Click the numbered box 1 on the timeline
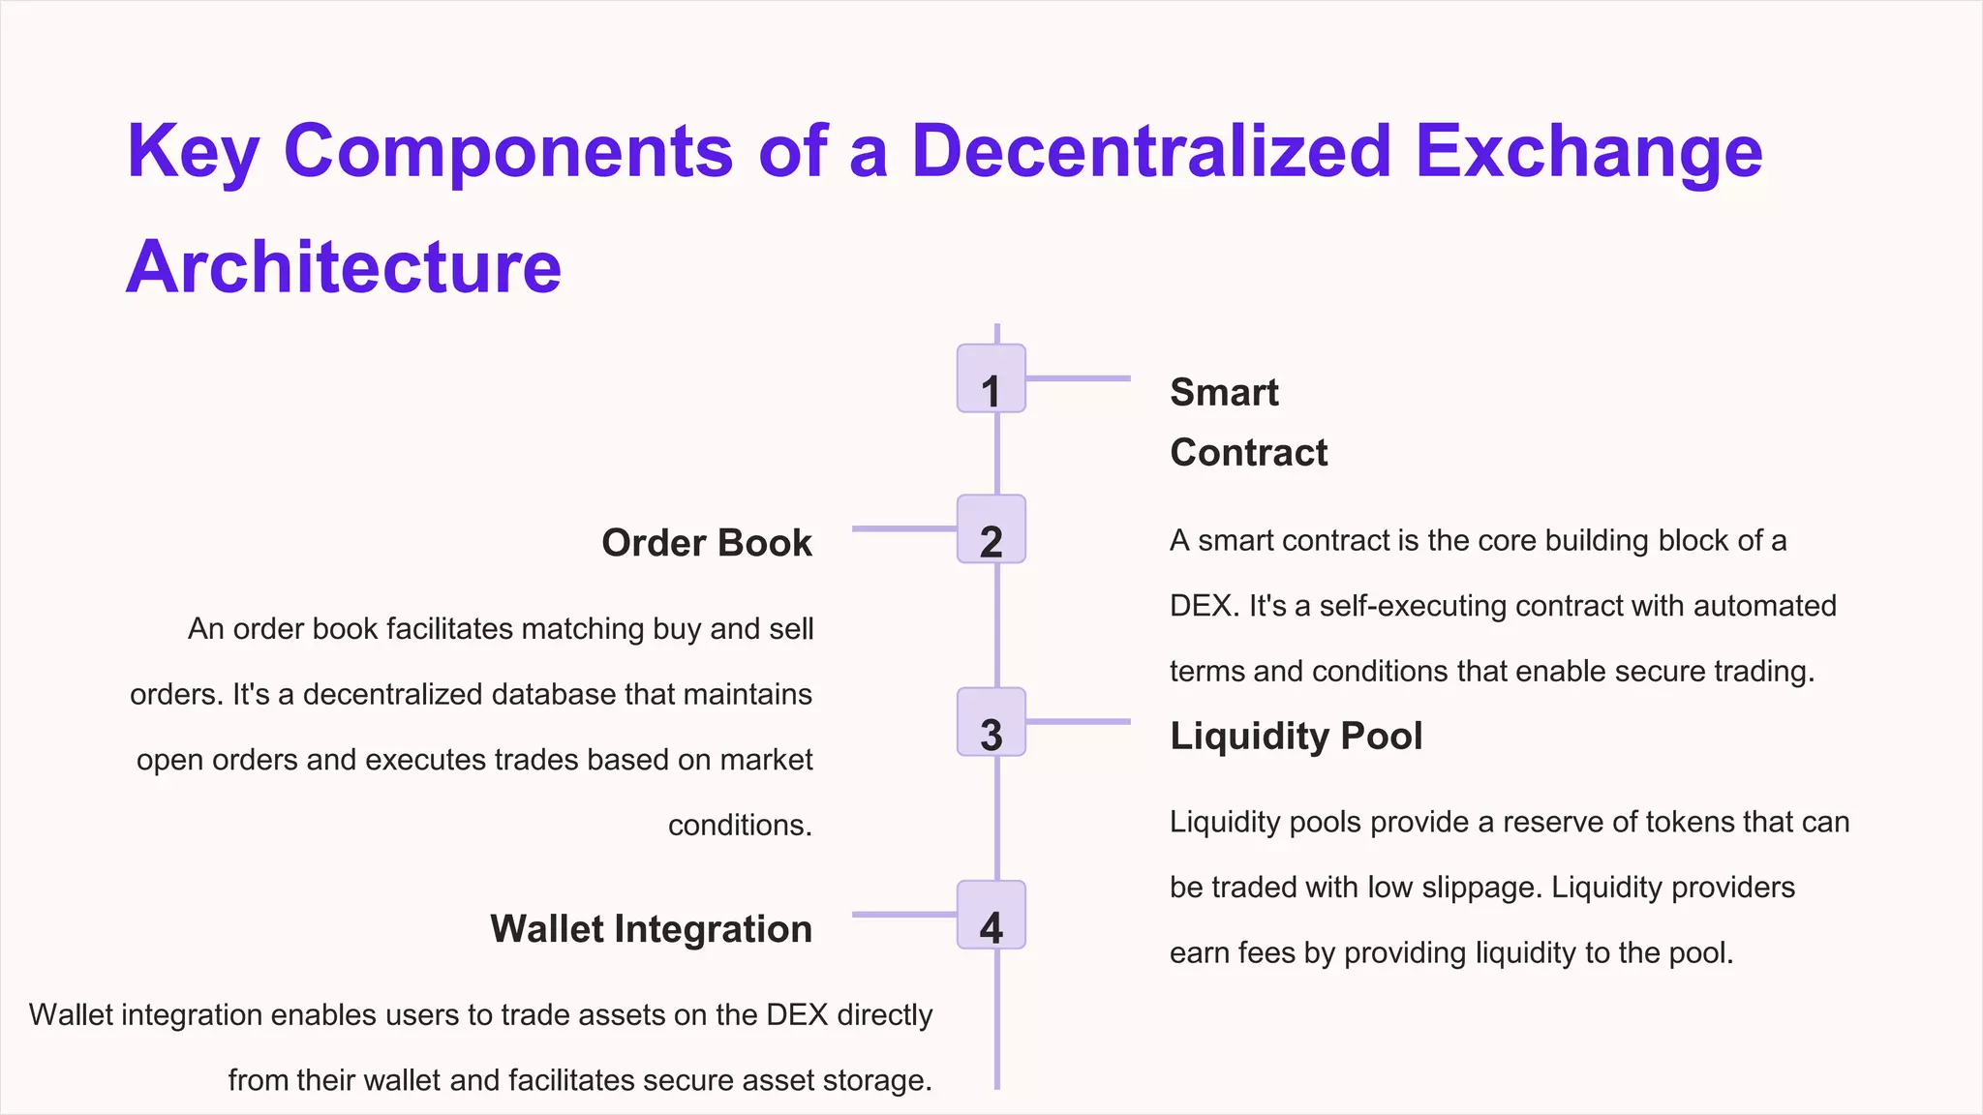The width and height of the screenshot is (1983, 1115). point(991,378)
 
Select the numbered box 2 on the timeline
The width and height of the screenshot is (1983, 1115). point(991,529)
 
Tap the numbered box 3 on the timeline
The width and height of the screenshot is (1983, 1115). point(991,722)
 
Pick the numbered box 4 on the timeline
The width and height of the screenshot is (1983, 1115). point(991,915)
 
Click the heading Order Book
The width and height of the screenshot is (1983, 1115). point(707,543)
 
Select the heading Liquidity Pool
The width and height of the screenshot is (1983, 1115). point(1296,737)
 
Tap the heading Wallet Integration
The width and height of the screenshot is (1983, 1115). point(651,929)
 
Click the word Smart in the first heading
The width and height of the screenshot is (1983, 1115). point(1224,393)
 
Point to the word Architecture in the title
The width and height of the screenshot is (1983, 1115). point(344,266)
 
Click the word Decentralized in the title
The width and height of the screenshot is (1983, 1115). point(1151,151)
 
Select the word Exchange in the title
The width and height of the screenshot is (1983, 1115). point(1589,153)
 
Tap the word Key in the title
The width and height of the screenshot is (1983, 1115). point(193,153)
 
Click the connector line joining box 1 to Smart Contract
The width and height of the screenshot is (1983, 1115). point(1078,378)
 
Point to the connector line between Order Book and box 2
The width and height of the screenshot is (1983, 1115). point(903,528)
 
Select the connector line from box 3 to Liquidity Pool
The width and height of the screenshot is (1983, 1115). point(1078,721)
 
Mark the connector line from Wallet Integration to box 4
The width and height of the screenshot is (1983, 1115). point(903,914)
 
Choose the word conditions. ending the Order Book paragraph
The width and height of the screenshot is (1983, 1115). point(740,826)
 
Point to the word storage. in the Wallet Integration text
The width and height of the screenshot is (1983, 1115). point(876,1080)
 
